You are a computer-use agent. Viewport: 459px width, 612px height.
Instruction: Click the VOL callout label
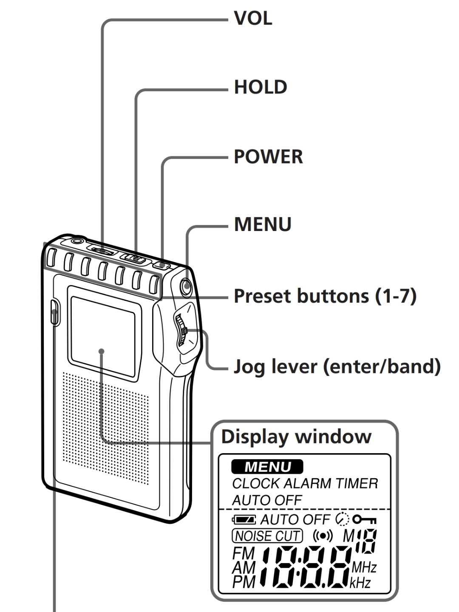click(253, 18)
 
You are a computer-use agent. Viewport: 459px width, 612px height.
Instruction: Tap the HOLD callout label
click(261, 87)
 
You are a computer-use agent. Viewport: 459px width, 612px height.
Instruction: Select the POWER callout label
click(268, 157)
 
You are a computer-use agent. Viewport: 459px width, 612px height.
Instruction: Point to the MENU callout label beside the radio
click(263, 224)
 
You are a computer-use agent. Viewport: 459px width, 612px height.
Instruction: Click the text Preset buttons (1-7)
click(325, 296)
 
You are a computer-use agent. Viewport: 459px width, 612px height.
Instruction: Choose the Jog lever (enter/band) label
click(337, 366)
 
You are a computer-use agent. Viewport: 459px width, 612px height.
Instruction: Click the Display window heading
click(296, 437)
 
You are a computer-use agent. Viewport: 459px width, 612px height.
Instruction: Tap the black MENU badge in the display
click(267, 467)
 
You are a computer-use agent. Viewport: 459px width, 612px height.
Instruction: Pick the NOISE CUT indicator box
click(267, 536)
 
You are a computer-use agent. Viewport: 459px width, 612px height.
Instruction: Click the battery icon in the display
click(244, 519)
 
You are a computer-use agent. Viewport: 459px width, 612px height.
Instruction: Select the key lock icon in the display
click(365, 519)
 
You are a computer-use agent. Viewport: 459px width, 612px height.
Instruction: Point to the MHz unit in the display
click(364, 567)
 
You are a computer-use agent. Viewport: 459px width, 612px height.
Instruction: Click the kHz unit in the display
click(360, 583)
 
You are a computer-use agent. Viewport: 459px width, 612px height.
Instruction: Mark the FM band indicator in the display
click(244, 553)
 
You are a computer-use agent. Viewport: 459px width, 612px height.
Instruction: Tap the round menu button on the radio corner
click(185, 287)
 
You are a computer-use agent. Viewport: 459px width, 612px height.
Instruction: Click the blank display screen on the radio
click(102, 335)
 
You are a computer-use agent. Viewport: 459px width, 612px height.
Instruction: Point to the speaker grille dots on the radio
click(106, 429)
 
